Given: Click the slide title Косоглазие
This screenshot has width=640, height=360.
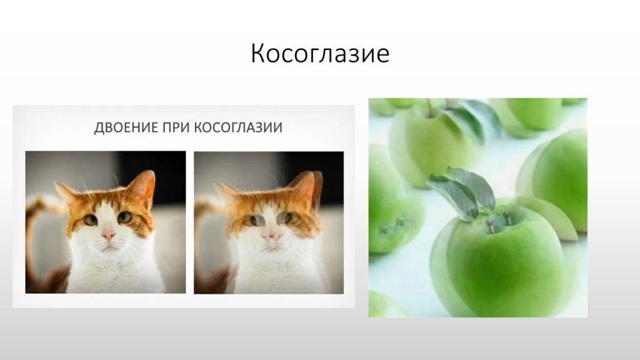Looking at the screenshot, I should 320,54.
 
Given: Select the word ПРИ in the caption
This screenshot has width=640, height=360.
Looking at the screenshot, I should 176,127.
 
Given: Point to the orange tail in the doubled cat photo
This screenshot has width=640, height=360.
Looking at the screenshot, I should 205,212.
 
